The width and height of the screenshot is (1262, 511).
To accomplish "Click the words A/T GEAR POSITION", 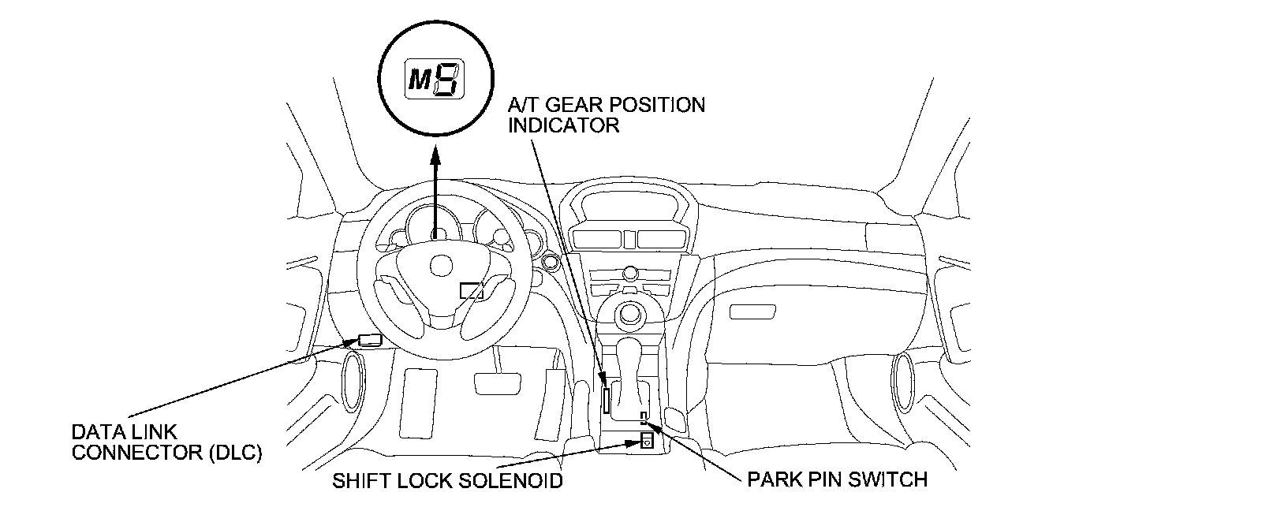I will tap(607, 105).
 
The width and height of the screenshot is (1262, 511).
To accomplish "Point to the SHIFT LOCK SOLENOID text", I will tap(447, 480).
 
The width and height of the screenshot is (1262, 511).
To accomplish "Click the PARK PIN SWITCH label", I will tap(837, 479).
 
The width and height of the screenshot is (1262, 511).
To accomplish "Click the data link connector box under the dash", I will tap(370, 341).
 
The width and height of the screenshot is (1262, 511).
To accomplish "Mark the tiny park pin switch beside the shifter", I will tap(644, 416).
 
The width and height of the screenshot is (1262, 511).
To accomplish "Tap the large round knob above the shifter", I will tap(629, 315).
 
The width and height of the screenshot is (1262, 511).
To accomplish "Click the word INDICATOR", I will tap(563, 125).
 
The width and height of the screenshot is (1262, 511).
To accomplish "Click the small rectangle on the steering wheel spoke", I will tap(472, 290).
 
